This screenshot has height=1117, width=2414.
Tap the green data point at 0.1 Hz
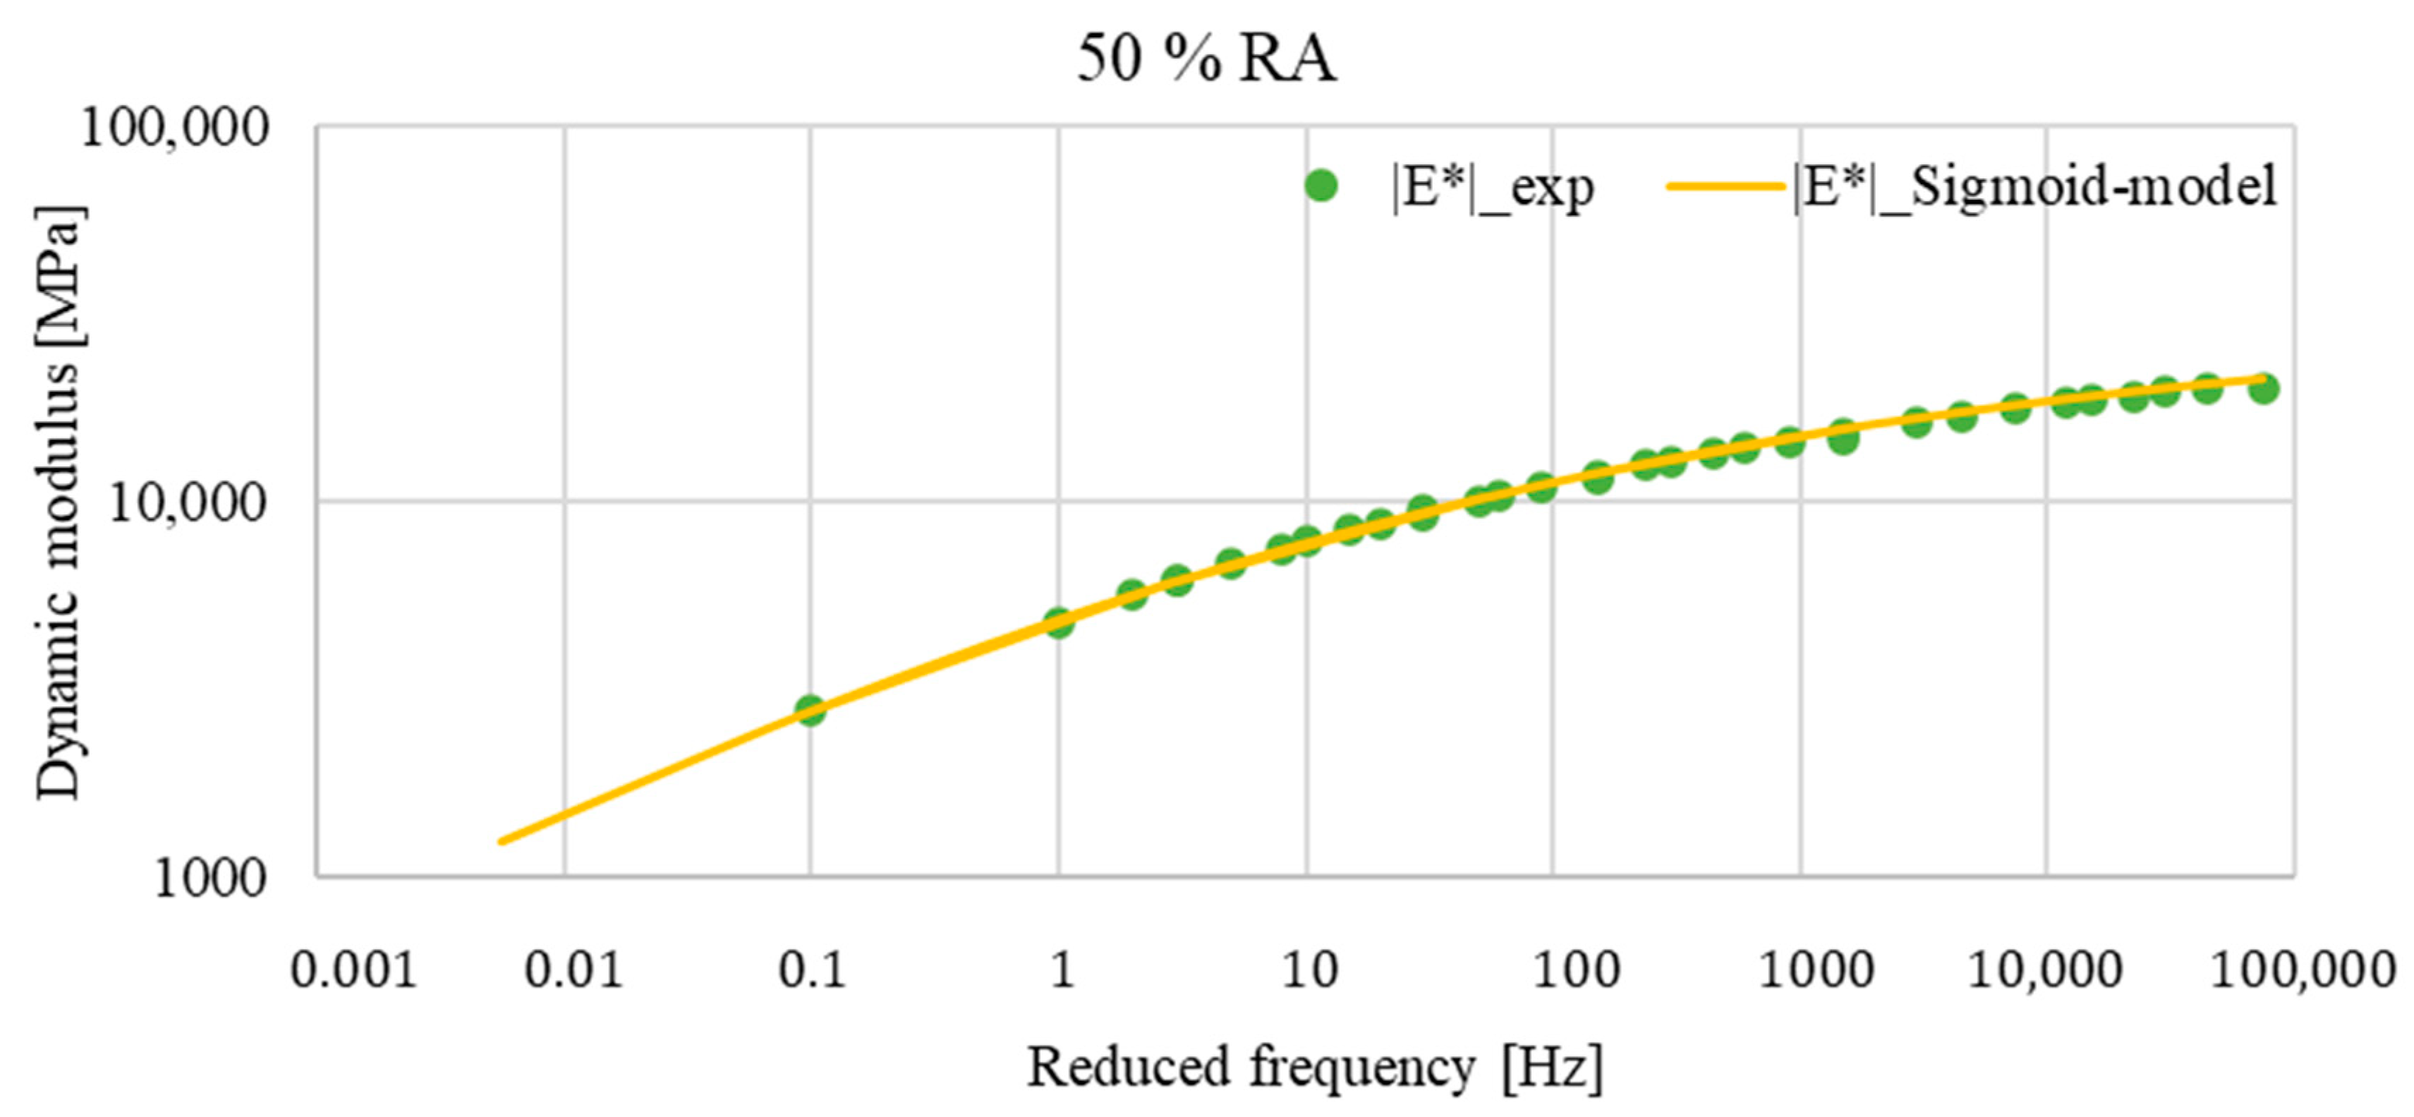click(810, 709)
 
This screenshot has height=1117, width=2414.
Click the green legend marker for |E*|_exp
click(1321, 186)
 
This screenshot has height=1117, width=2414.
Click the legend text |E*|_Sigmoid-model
click(2034, 186)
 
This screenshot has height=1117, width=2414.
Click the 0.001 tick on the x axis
click(353, 971)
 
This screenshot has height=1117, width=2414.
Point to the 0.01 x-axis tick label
click(574, 971)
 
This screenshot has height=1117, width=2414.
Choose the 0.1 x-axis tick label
click(811, 971)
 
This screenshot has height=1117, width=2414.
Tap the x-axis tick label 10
click(1308, 971)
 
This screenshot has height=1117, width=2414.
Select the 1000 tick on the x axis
click(1816, 971)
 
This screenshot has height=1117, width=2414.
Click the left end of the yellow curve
click(502, 840)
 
